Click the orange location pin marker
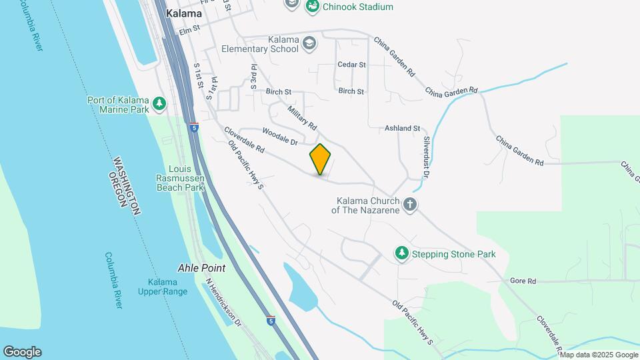point(321,159)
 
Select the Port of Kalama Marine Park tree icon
point(159,103)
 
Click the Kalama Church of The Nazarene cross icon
point(410,205)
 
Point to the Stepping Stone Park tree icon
point(401,253)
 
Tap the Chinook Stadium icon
point(312,7)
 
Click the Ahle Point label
point(201,268)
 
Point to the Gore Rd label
point(523,281)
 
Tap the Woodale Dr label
point(279,136)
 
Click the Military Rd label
point(302,117)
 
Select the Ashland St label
point(403,128)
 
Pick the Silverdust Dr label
point(427,156)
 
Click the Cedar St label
point(352,65)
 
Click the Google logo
point(22,352)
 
